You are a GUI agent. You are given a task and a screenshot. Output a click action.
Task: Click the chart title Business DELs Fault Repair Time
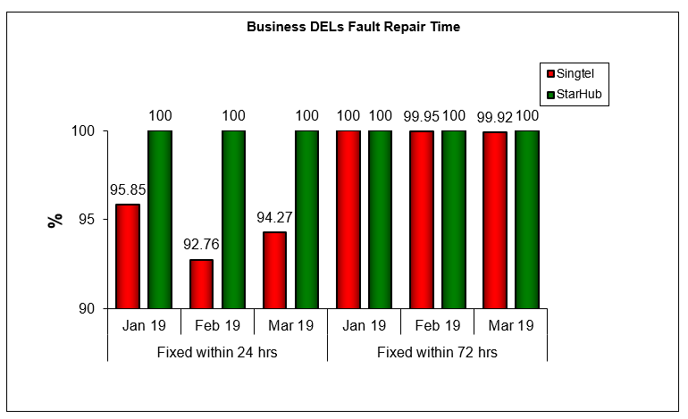tap(353, 27)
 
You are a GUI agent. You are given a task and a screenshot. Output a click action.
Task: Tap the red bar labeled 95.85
tap(128, 256)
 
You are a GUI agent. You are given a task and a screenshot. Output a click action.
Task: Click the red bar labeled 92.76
tap(201, 283)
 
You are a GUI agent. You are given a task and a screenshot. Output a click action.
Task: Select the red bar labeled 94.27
tap(274, 270)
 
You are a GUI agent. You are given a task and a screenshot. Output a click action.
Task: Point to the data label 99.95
tap(422, 115)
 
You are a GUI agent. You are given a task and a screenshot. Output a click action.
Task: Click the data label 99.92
tap(494, 115)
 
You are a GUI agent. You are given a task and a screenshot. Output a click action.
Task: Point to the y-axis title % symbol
tap(55, 220)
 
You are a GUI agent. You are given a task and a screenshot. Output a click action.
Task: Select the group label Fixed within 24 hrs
tap(217, 352)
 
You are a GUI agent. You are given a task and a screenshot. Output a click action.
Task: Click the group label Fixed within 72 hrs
tap(437, 352)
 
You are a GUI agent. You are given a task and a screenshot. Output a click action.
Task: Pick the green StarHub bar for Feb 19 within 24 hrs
tap(233, 220)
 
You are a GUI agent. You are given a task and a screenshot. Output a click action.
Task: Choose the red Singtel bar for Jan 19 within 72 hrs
tap(348, 220)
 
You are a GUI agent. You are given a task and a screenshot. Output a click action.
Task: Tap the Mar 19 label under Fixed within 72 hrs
tap(510, 326)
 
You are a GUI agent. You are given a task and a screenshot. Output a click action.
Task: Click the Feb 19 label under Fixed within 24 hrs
tap(217, 326)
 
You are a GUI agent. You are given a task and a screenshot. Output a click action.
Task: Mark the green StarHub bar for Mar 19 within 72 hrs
tap(526, 220)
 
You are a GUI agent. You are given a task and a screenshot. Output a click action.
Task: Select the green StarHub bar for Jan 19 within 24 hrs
tap(160, 220)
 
